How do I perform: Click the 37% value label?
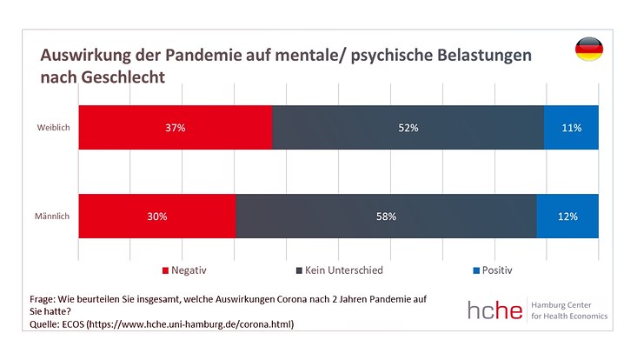(x=176, y=128)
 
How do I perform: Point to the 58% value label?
(x=386, y=217)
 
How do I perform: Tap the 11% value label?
(x=571, y=128)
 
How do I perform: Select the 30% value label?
(x=156, y=217)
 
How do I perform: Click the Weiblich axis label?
(x=53, y=128)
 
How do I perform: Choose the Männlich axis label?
(x=53, y=217)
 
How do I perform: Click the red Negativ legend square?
(x=165, y=271)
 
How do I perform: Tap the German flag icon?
(x=588, y=50)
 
